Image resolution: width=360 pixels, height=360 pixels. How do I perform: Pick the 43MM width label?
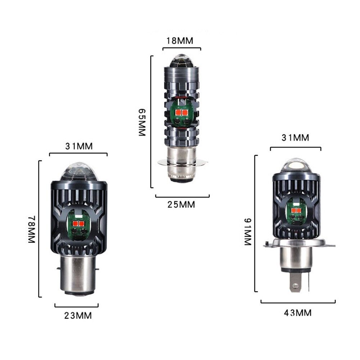pyautogui.click(x=298, y=313)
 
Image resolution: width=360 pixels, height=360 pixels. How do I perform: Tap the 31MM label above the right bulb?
pyautogui.click(x=295, y=138)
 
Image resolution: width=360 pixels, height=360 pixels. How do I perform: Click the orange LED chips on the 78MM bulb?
pyautogui.click(x=78, y=224)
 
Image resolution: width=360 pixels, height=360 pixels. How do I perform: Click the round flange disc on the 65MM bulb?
pyautogui.click(x=183, y=163)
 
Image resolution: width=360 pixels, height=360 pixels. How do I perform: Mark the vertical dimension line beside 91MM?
pyautogui.click(x=255, y=223)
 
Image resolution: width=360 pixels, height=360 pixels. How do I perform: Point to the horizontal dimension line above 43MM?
pyautogui.click(x=298, y=302)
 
